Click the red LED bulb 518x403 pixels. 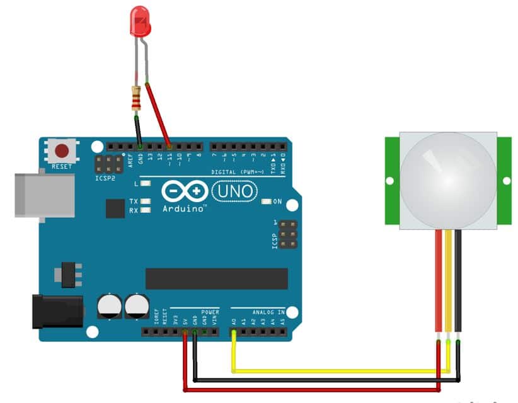pos(140,20)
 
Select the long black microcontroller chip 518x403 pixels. pos(216,278)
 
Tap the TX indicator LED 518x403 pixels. pos(146,201)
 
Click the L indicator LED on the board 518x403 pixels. pos(146,184)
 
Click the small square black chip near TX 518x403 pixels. pos(115,208)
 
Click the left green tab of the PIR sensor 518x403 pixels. pos(391,181)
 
